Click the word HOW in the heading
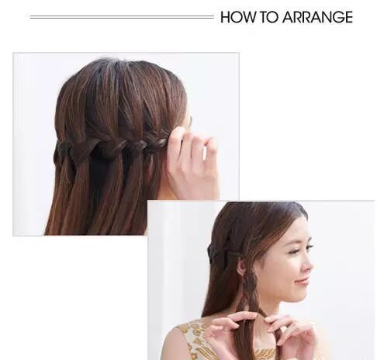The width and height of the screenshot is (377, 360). coord(237,17)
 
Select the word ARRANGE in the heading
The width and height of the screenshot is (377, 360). coord(317,17)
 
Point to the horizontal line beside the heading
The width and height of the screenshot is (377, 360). coord(122,17)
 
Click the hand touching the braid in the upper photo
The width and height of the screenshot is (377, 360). coord(192,163)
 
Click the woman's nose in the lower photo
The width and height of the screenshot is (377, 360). coord(308,265)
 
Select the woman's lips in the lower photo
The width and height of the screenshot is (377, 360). coord(303,282)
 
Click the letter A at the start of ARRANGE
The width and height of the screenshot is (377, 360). coord(288,17)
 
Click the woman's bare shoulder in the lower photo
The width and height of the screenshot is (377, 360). coord(173,344)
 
